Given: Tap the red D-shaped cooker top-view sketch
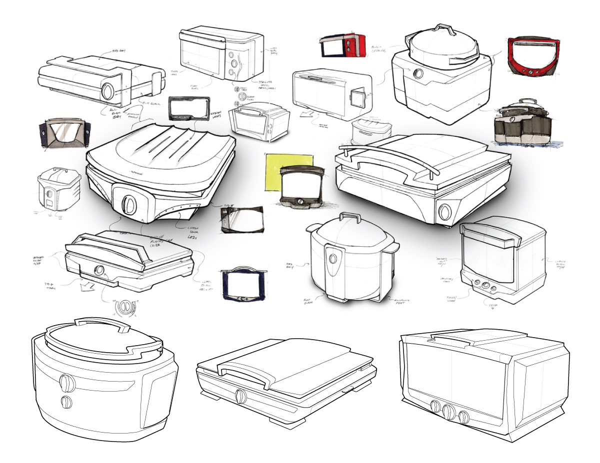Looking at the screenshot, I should [x=531, y=56].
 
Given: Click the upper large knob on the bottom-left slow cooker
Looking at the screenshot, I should [x=66, y=383].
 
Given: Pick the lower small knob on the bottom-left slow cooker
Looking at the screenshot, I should [x=65, y=402].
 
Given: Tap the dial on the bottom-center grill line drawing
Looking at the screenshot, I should [x=241, y=397].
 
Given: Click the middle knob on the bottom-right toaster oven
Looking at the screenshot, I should [x=448, y=412].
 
